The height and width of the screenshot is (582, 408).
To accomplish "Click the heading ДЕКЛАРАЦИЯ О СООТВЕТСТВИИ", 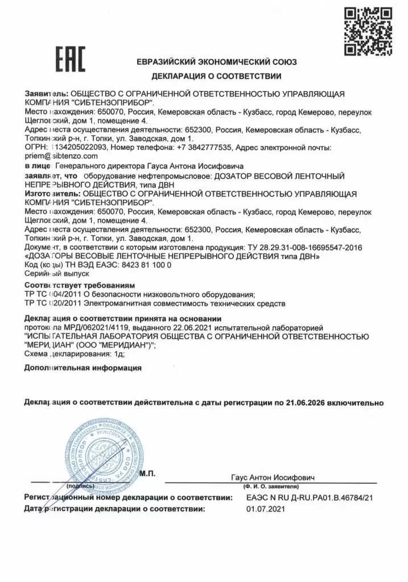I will point(216,76).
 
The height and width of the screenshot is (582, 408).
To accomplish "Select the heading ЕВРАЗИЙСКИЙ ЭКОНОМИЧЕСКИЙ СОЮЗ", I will point(216,61).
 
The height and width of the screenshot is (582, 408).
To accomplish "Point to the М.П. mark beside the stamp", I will point(150,473).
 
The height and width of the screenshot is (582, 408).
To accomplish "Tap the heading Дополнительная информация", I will point(83,368).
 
